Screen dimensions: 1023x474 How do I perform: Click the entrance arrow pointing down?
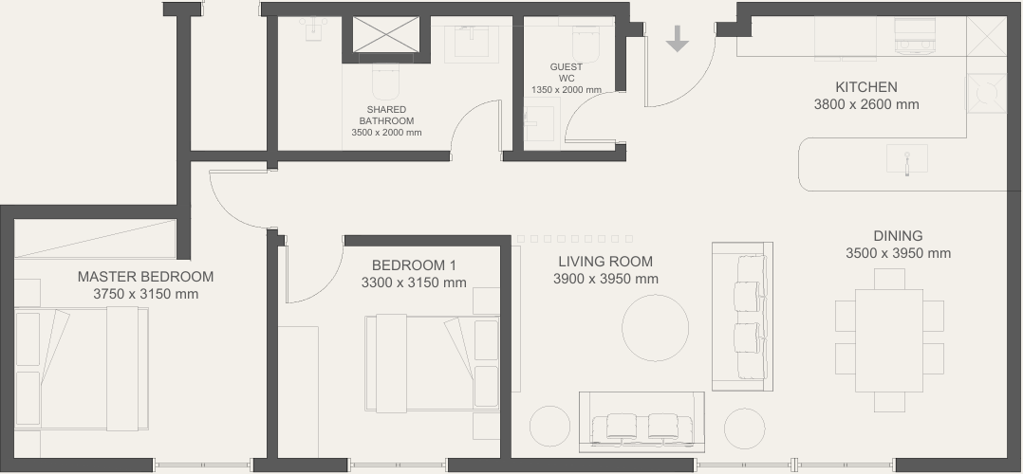click(678, 39)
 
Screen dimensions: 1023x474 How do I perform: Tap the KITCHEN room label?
click(865, 87)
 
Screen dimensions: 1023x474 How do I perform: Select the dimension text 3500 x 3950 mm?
click(898, 254)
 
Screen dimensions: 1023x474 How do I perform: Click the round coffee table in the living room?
click(655, 328)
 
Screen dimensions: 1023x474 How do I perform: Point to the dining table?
click(888, 340)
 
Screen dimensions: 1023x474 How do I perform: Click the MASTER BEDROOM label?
click(145, 277)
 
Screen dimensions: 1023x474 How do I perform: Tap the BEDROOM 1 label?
click(414, 265)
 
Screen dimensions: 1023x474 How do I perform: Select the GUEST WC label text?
click(567, 72)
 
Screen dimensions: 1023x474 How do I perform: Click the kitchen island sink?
click(907, 159)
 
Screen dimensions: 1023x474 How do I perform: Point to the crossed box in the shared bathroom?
click(385, 34)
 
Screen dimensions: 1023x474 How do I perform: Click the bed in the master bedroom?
click(82, 369)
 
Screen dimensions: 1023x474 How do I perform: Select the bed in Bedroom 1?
click(433, 363)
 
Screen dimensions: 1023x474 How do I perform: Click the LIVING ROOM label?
click(605, 262)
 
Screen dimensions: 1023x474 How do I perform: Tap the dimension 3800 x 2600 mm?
click(866, 104)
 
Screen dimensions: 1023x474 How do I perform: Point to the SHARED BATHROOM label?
click(386, 116)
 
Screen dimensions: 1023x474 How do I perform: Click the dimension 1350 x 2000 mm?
click(567, 90)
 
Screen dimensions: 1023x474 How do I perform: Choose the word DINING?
click(898, 236)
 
